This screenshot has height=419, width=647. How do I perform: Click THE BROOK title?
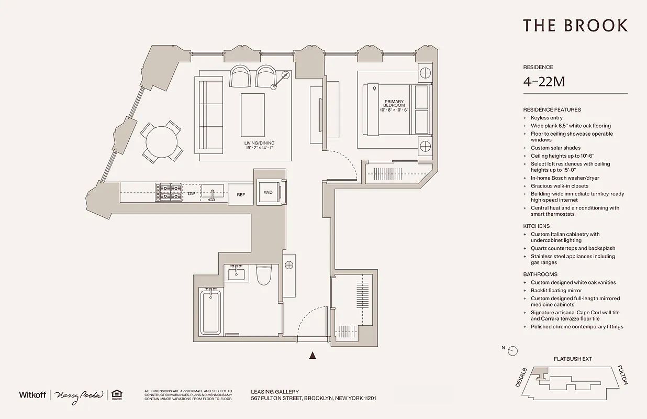[575, 26]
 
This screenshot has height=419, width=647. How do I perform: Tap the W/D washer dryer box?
[268, 192]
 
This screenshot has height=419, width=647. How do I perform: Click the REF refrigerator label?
[241, 194]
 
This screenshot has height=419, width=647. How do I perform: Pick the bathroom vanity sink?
[237, 273]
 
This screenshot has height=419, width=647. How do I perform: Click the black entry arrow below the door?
[313, 356]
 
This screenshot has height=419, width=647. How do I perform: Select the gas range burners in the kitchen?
[168, 192]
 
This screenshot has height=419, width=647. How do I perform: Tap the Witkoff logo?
[32, 394]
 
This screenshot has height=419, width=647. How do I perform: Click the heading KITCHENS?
[537, 226]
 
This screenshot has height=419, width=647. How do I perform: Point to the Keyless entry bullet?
[546, 118]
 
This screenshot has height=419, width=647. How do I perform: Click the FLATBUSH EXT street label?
[573, 359]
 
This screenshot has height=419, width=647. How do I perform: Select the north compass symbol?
[513, 351]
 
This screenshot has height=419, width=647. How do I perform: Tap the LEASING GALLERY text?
[275, 391]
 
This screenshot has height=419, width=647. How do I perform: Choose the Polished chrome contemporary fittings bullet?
[576, 327]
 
